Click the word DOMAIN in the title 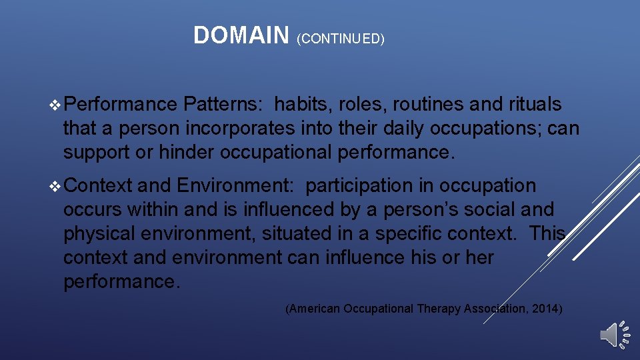[x=241, y=35]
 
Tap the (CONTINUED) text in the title [x=341, y=39]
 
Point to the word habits [x=304, y=105]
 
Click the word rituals [x=535, y=105]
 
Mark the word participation [x=360, y=186]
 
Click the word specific [x=419, y=234]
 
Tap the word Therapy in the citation [x=439, y=309]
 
